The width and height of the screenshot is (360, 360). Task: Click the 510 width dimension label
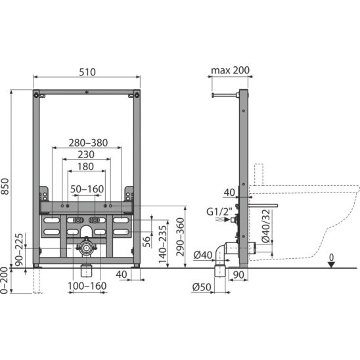pyautogui.click(x=87, y=72)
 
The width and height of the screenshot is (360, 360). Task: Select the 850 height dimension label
pyautogui.click(x=5, y=186)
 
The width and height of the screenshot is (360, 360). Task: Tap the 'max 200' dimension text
pyautogui.click(x=230, y=70)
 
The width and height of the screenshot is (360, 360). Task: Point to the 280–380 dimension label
pyautogui.click(x=88, y=143)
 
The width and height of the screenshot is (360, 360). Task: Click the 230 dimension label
pyautogui.click(x=86, y=154)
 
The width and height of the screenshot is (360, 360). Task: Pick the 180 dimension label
pyautogui.click(x=85, y=166)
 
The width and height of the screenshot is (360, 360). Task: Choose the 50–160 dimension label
pyautogui.click(x=87, y=189)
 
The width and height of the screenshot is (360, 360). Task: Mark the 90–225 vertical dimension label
pyautogui.click(x=19, y=250)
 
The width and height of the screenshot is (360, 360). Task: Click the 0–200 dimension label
pyautogui.click(x=4, y=281)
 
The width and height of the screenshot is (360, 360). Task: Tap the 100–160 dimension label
pyautogui.click(x=87, y=286)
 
